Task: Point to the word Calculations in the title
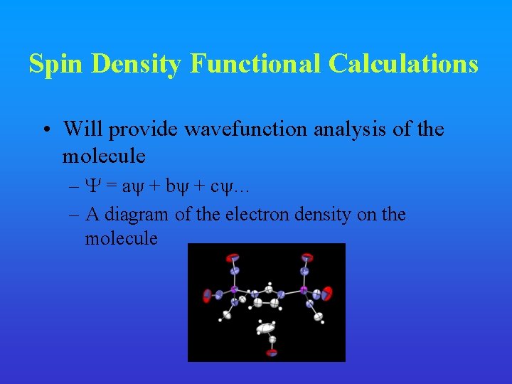coord(403,64)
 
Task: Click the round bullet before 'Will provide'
coord(46,129)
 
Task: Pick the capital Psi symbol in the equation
coord(91,186)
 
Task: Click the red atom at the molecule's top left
coord(233,257)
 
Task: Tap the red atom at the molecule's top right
coord(306,257)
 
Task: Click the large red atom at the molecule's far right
coord(326,292)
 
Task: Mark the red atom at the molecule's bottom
coord(272,351)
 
